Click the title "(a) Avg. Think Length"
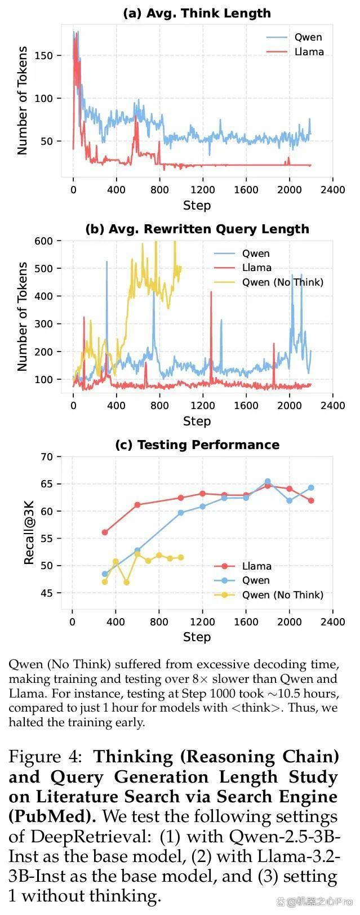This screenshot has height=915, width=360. (197, 13)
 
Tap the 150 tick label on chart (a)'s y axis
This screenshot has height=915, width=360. (44, 56)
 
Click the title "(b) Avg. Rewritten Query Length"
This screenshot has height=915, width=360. (197, 229)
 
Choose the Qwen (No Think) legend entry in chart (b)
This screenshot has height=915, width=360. (269, 282)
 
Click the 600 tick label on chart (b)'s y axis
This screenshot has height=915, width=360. (44, 241)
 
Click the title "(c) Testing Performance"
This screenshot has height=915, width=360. (197, 445)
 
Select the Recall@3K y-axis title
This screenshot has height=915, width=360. (29, 532)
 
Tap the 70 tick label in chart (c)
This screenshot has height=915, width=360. (47, 457)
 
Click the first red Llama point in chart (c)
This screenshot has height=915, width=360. (105, 532)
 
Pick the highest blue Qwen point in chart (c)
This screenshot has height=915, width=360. (268, 482)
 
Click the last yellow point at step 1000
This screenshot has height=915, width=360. (181, 558)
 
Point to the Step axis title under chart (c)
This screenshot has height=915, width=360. (197, 637)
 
